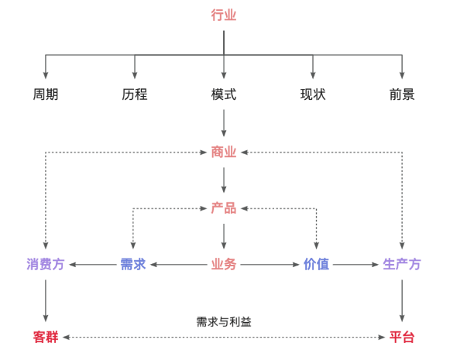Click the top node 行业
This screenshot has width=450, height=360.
pyautogui.click(x=224, y=15)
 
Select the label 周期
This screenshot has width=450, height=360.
pyautogui.click(x=46, y=94)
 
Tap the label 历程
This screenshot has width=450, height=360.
pyautogui.click(x=135, y=94)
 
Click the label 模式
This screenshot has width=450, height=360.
pyautogui.click(x=224, y=94)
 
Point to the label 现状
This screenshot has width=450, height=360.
pyautogui.click(x=313, y=94)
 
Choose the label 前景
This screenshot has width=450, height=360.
pyautogui.click(x=402, y=94)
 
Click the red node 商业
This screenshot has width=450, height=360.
pyautogui.click(x=224, y=152)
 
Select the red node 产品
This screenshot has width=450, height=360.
pyautogui.click(x=224, y=208)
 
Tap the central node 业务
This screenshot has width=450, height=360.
pyautogui.click(x=224, y=264)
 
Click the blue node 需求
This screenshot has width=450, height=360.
pyautogui.click(x=133, y=264)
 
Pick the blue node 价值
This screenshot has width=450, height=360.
pyautogui.click(x=316, y=264)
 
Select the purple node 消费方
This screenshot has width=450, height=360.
pyautogui.click(x=46, y=264)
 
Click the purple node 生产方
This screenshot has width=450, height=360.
pyautogui.click(x=402, y=264)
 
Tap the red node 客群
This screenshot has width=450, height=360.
pyautogui.click(x=46, y=338)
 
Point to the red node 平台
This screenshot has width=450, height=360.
pyautogui.click(x=402, y=338)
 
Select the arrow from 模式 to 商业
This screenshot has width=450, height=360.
pyautogui.click(x=224, y=123)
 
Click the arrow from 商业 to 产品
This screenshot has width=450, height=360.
pyautogui.click(x=224, y=180)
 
